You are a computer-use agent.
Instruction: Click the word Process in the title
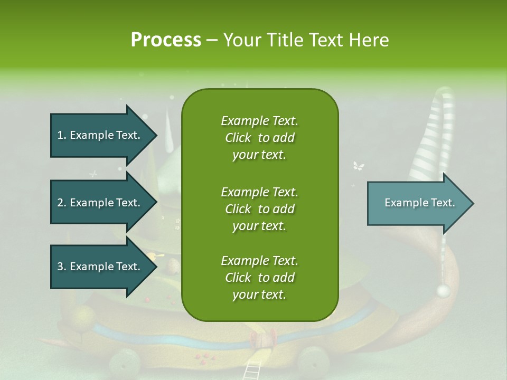click(166, 40)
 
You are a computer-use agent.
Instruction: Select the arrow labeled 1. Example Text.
click(104, 135)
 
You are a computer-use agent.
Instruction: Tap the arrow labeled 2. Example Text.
click(104, 203)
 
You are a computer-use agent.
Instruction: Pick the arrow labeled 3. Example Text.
click(104, 267)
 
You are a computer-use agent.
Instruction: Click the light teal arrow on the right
click(420, 203)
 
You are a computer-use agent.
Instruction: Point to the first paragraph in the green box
click(259, 138)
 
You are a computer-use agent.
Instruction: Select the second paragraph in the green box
click(259, 209)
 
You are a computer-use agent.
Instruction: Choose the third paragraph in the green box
click(259, 278)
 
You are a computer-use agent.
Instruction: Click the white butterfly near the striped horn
click(359, 167)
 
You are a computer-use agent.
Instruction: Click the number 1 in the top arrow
click(60, 135)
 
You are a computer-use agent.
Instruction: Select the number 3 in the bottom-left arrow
click(60, 267)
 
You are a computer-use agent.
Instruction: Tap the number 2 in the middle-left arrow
click(60, 203)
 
